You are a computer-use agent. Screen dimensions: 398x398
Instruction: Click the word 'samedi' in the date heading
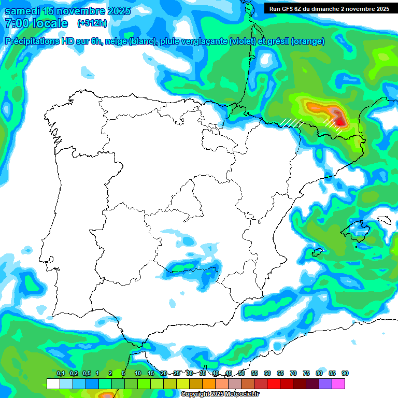tap(22, 11)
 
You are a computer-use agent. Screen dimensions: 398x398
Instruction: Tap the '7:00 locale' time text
tap(36, 23)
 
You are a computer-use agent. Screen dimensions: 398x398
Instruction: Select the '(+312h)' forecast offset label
tap(92, 23)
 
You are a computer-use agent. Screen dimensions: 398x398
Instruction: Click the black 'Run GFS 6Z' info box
tap(328, 8)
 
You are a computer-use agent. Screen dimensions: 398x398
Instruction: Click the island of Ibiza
tap(317, 252)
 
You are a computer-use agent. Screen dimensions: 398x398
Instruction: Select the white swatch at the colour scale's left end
tap(53, 383)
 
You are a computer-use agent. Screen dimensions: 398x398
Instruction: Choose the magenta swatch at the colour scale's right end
tap(338, 383)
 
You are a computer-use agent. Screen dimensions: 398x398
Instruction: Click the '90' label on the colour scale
tap(345, 373)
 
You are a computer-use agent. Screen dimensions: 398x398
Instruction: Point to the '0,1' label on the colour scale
tap(61, 373)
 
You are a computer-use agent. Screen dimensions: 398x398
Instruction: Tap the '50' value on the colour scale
tap(241, 373)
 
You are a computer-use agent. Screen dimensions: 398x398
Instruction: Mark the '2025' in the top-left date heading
tap(113, 11)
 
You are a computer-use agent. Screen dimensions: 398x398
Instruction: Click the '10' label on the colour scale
tap(138, 373)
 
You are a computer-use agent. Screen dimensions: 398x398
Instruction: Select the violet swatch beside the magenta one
tap(325, 383)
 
